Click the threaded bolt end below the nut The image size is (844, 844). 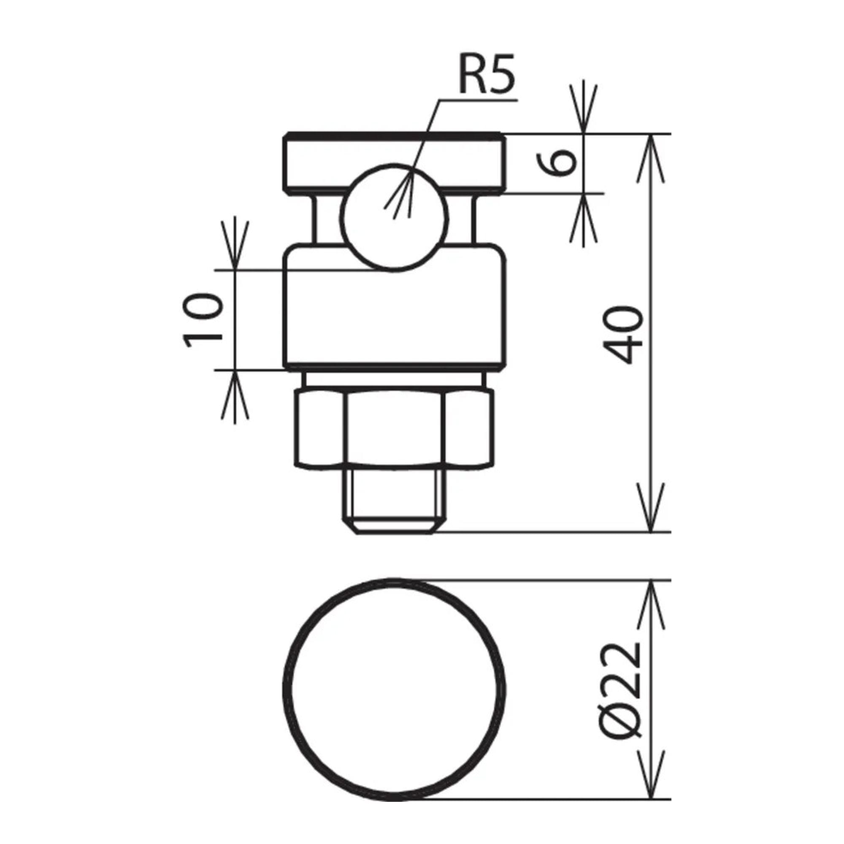tap(395, 502)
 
